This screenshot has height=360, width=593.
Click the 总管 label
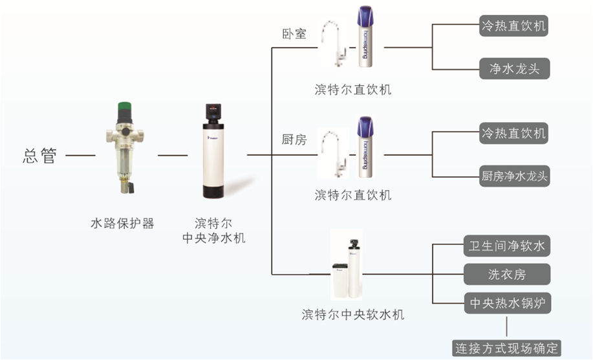(x=39, y=155)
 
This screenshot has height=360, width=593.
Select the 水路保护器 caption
(x=122, y=223)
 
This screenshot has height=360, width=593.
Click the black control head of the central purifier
(x=214, y=112)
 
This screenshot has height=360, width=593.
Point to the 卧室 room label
(x=294, y=34)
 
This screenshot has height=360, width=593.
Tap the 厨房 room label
(x=294, y=140)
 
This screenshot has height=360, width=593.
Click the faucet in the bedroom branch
(x=334, y=43)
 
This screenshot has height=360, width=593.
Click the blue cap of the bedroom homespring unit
(x=365, y=18)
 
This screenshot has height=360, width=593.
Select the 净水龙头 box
(x=514, y=69)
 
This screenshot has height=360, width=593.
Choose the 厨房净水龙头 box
(x=514, y=176)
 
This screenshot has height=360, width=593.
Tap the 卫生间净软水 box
(x=507, y=246)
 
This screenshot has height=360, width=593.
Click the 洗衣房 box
(x=507, y=274)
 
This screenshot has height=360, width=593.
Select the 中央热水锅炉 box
(x=508, y=303)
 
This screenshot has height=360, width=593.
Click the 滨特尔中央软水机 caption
(x=353, y=314)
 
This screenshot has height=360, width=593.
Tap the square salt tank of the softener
(x=340, y=281)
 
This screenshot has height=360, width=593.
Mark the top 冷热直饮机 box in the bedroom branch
(x=513, y=26)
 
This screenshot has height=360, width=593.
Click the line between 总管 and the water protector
(x=81, y=155)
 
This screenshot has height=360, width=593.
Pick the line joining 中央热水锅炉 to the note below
(x=507, y=327)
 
